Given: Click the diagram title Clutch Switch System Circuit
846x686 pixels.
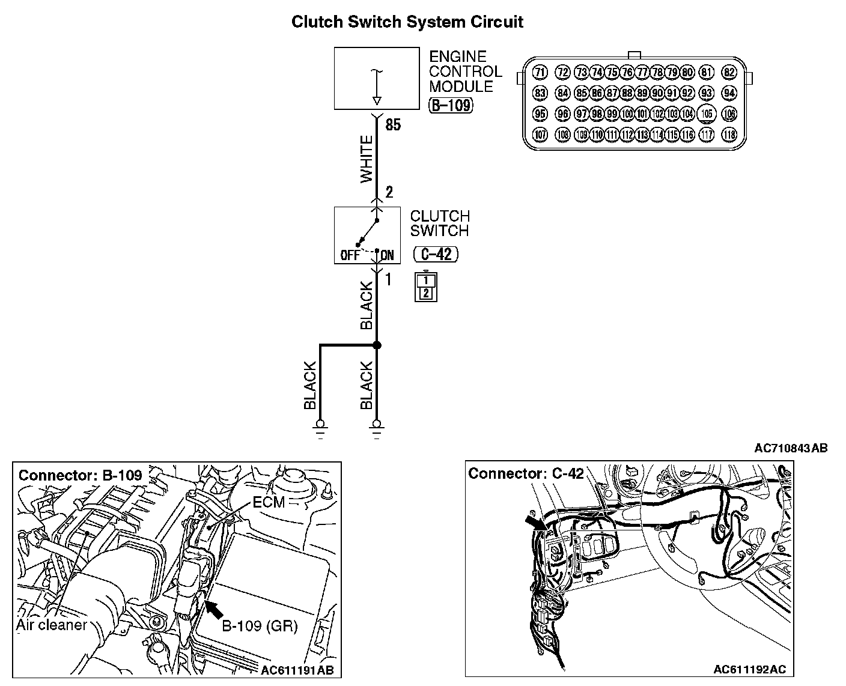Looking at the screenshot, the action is pos(407,22).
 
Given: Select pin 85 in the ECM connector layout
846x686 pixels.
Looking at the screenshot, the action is pos(582,93).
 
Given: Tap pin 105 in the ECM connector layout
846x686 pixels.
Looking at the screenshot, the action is pos(707,114).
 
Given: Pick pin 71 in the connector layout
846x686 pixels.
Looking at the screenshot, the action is pos(540,72).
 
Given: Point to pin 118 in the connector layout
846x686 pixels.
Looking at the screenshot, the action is pos(729,135).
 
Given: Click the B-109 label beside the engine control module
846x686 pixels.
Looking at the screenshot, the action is pos(451,106).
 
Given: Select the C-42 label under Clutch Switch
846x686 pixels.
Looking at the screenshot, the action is pos(436,254).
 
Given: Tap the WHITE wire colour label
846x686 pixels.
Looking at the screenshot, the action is pos(366,159).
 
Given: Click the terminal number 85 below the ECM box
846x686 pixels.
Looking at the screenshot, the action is pos(393,125).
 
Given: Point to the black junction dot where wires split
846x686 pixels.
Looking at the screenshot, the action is pos(377,345).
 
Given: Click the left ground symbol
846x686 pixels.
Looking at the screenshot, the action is pos(320,429).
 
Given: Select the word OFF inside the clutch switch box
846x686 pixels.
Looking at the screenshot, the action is pos(350,255).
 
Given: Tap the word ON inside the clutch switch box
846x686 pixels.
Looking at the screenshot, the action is pos(388,255).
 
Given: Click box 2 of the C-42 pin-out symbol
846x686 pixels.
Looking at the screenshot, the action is pos(426,293).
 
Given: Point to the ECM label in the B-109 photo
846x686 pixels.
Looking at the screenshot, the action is pos(269,502).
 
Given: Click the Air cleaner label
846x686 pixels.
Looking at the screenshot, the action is pos(51,625).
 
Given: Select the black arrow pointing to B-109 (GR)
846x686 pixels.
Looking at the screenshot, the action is pos(213,609).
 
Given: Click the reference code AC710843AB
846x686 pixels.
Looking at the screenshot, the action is pos(791,448).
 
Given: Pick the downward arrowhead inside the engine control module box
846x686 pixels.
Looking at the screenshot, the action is pos(377,101).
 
